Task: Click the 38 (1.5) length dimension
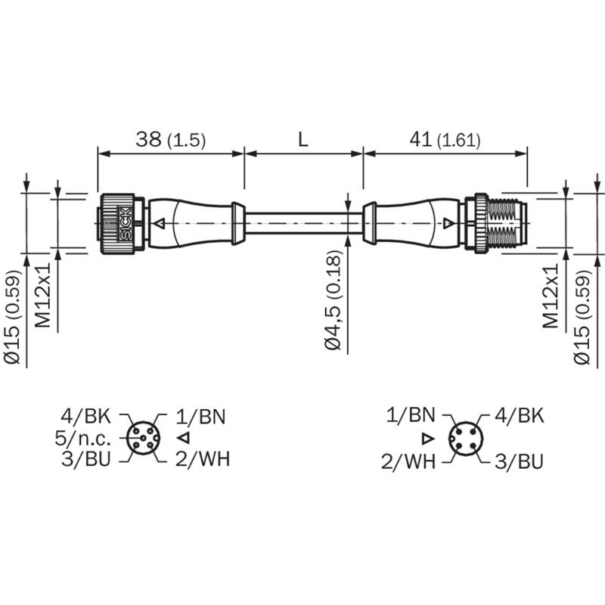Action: tap(171, 140)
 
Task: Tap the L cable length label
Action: tap(303, 139)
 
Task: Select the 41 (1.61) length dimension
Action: tap(445, 140)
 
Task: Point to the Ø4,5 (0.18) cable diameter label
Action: tap(334, 300)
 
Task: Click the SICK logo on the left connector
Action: tap(126, 224)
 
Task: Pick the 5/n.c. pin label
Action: tap(83, 439)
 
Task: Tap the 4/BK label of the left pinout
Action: tap(85, 417)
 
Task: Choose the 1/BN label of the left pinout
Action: tap(200, 417)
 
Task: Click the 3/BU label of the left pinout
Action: tap(86, 459)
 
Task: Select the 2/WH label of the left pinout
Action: tap(203, 459)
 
